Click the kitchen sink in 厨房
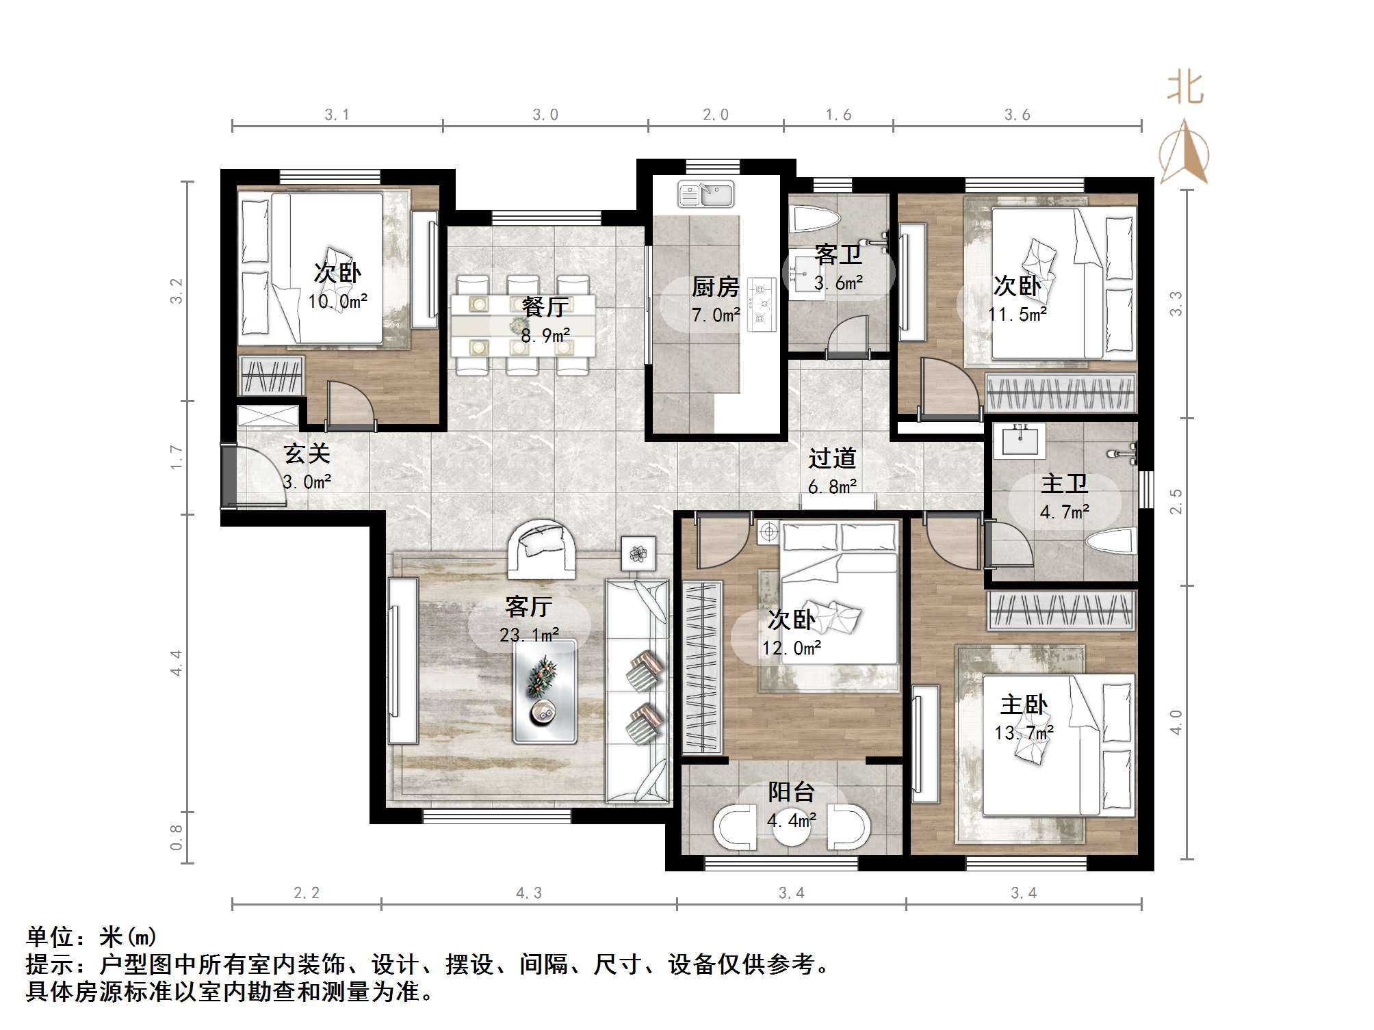705,195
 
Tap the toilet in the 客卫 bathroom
814,219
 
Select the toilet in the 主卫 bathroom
1110,542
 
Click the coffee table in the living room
545,691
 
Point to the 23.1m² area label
529,635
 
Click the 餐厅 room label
545,307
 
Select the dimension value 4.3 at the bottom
528,893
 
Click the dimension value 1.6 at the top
838,115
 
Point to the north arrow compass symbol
1184,154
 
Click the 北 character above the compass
1185,89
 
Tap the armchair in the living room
541,547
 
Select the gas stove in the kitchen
761,302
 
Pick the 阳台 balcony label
791,792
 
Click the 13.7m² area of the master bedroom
1024,733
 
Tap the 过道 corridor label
832,458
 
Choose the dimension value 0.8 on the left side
177,837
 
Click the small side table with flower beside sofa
638,553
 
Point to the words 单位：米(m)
92,936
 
